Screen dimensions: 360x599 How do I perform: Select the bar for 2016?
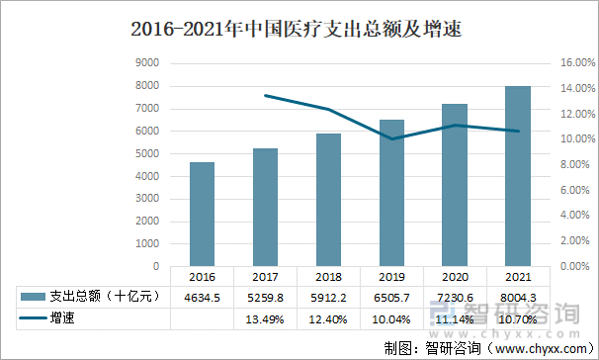coord(203,214)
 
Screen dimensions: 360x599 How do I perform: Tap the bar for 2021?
coord(518,176)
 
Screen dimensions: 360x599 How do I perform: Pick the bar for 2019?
coord(391,193)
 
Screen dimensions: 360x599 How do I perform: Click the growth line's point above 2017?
coord(266,95)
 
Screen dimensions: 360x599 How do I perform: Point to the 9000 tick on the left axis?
coord(147,62)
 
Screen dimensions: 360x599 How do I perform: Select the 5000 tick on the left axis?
coord(147,153)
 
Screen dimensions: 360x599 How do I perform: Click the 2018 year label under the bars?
coord(328,278)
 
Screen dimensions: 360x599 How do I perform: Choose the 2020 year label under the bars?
coord(455,278)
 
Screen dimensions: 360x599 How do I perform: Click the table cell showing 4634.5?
coord(203,297)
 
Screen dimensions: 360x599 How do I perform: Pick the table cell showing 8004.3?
coord(518,297)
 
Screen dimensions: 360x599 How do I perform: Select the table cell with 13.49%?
coord(266,319)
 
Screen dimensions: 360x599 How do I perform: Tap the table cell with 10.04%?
coord(391,319)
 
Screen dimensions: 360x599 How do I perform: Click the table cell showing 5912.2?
coord(328,297)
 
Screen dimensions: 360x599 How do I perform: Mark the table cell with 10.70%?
coord(518,319)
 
